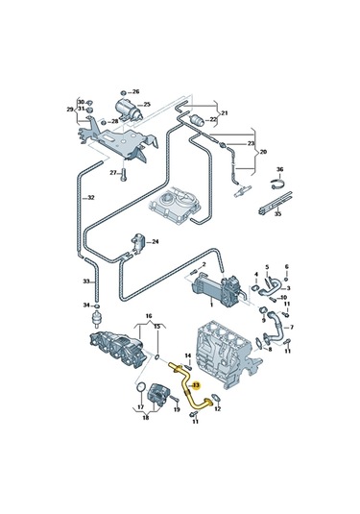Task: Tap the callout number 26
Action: [x=135, y=91]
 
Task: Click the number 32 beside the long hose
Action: [x=91, y=198]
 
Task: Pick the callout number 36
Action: [x=279, y=170]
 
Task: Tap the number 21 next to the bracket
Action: [x=226, y=114]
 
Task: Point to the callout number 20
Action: [x=265, y=151]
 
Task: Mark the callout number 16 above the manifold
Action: [x=149, y=315]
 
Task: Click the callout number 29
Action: [x=69, y=110]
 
